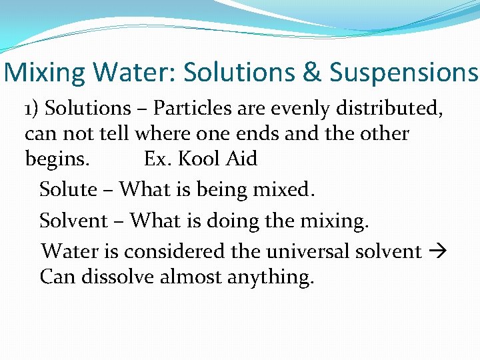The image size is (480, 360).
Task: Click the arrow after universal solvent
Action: (x=439, y=252)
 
